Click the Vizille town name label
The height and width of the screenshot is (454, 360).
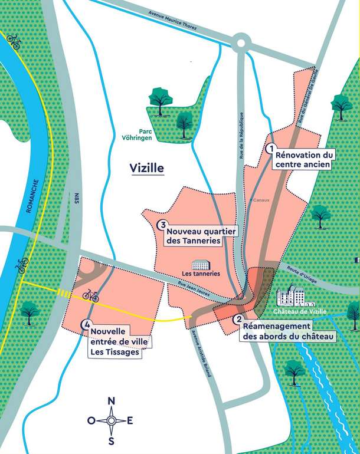click(146, 168)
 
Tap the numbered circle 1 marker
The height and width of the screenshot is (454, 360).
click(271, 149)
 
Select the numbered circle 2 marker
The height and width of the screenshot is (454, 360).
click(238, 320)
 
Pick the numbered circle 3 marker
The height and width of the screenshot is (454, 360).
click(161, 224)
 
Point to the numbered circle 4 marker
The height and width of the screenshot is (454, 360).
click(87, 324)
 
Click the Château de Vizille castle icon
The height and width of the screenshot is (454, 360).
click(290, 295)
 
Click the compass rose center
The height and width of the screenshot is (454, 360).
click(111, 420)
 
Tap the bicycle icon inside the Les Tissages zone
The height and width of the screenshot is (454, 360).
click(90, 294)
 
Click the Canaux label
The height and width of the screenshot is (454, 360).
click(261, 200)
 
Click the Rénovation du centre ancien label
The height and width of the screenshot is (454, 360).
click(303, 159)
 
